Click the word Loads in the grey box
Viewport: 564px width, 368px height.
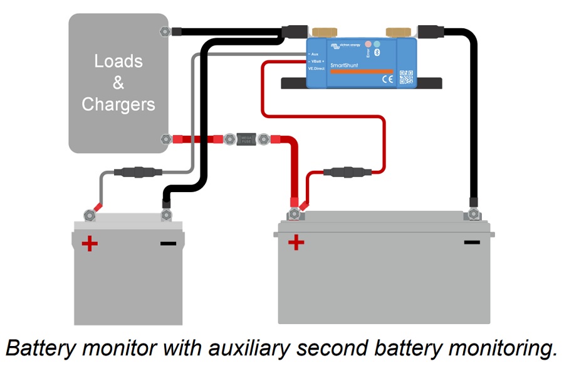[x=118, y=62]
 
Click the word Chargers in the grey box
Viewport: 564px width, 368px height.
[x=118, y=104]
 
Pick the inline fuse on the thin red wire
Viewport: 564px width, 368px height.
[x=347, y=171]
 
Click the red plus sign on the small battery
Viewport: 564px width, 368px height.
[x=90, y=243]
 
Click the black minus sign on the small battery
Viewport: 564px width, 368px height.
[x=168, y=242]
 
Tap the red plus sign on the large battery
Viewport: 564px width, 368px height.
[x=295, y=242]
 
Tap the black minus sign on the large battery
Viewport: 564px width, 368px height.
[x=472, y=242]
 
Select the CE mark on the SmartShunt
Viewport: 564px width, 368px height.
[x=387, y=79]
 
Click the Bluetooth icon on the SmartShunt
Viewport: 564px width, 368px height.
[x=377, y=53]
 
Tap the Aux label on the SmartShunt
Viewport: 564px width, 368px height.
[x=315, y=53]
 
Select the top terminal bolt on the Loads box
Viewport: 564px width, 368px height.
[x=165, y=30]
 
